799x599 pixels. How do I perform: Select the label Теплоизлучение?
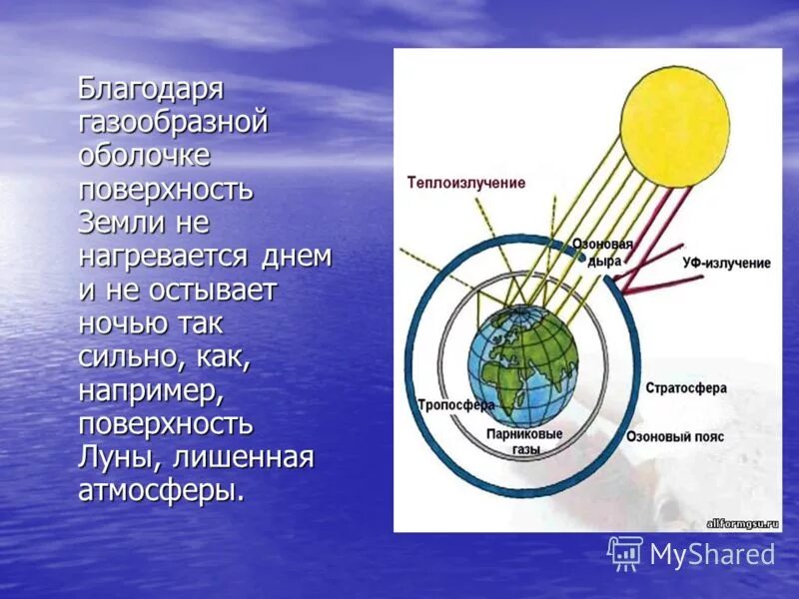click(x=465, y=183)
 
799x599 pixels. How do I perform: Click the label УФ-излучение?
click(x=726, y=263)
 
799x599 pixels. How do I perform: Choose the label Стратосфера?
click(x=686, y=387)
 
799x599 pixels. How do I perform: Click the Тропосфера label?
click(x=456, y=406)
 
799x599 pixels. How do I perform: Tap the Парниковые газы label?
click(x=524, y=442)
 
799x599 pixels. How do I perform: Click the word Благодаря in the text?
click(x=152, y=89)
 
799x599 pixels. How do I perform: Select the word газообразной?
click(x=174, y=123)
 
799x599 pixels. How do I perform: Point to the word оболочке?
click(x=144, y=156)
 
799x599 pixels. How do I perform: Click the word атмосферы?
click(x=160, y=490)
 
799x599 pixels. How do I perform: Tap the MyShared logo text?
click(x=712, y=554)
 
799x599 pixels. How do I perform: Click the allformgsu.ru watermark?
click(x=741, y=522)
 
